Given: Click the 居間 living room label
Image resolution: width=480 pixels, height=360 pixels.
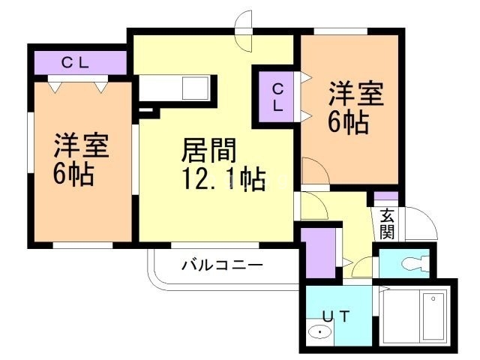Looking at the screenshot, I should coord(209,150).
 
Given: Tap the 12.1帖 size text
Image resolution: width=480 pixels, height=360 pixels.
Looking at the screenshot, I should coord(222,179).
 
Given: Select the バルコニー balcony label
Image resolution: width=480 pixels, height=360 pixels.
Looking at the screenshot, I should coord(222,265).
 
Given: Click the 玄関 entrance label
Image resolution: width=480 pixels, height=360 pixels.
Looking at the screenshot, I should coord(386,223).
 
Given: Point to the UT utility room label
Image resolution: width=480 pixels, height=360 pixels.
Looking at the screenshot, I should coord(335,316).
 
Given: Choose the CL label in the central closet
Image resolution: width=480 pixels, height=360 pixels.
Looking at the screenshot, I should coord(277,96).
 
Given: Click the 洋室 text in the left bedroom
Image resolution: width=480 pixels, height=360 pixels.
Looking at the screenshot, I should coord(81,145).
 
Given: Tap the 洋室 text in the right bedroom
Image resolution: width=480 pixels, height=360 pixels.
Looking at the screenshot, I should coord(355,95).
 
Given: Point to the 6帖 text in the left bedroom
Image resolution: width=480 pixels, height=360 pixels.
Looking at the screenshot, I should coord(73,174).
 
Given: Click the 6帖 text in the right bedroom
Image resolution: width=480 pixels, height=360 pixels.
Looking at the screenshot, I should coord(348,122).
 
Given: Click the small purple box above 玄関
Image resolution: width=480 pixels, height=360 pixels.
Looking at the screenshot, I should coord(386,198).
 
